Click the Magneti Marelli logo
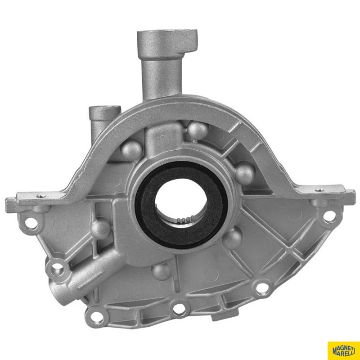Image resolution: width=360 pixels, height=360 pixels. pos(344,351)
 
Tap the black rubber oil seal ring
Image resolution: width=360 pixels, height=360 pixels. pos(181,205)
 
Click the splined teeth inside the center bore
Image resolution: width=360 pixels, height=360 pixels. pos(184,220)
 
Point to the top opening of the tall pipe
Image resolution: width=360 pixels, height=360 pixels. pos(167,31)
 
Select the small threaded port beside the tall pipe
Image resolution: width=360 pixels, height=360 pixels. pos(105,107)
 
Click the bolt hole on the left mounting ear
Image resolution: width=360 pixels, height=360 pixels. pos(31,223)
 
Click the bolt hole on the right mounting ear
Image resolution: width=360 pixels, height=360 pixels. pos(329,216)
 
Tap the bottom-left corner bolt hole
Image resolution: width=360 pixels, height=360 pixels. pos(97,317)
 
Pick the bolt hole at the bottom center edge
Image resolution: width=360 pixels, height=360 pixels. pos(179,309)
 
